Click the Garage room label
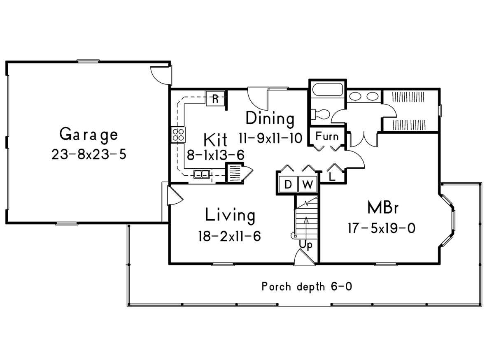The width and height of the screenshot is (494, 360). point(89,135)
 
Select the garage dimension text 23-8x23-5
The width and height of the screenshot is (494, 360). point(89,154)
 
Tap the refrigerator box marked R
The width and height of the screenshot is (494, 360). point(215,99)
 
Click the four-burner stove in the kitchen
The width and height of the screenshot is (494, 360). point(178,135)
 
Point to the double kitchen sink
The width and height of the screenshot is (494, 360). point(202,174)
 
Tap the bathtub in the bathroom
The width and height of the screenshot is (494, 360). point(328,90)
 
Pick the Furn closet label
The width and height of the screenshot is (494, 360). point(327,136)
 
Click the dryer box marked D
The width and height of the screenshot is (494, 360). point(288,184)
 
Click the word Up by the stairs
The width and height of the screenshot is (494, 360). point(305,245)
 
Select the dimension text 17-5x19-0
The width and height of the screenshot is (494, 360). point(382,228)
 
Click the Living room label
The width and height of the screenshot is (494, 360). point(230,215)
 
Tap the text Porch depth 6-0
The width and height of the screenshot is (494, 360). point(307,287)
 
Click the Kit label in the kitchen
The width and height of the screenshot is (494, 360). point(215,140)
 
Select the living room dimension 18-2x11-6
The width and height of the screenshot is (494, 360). point(230,236)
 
